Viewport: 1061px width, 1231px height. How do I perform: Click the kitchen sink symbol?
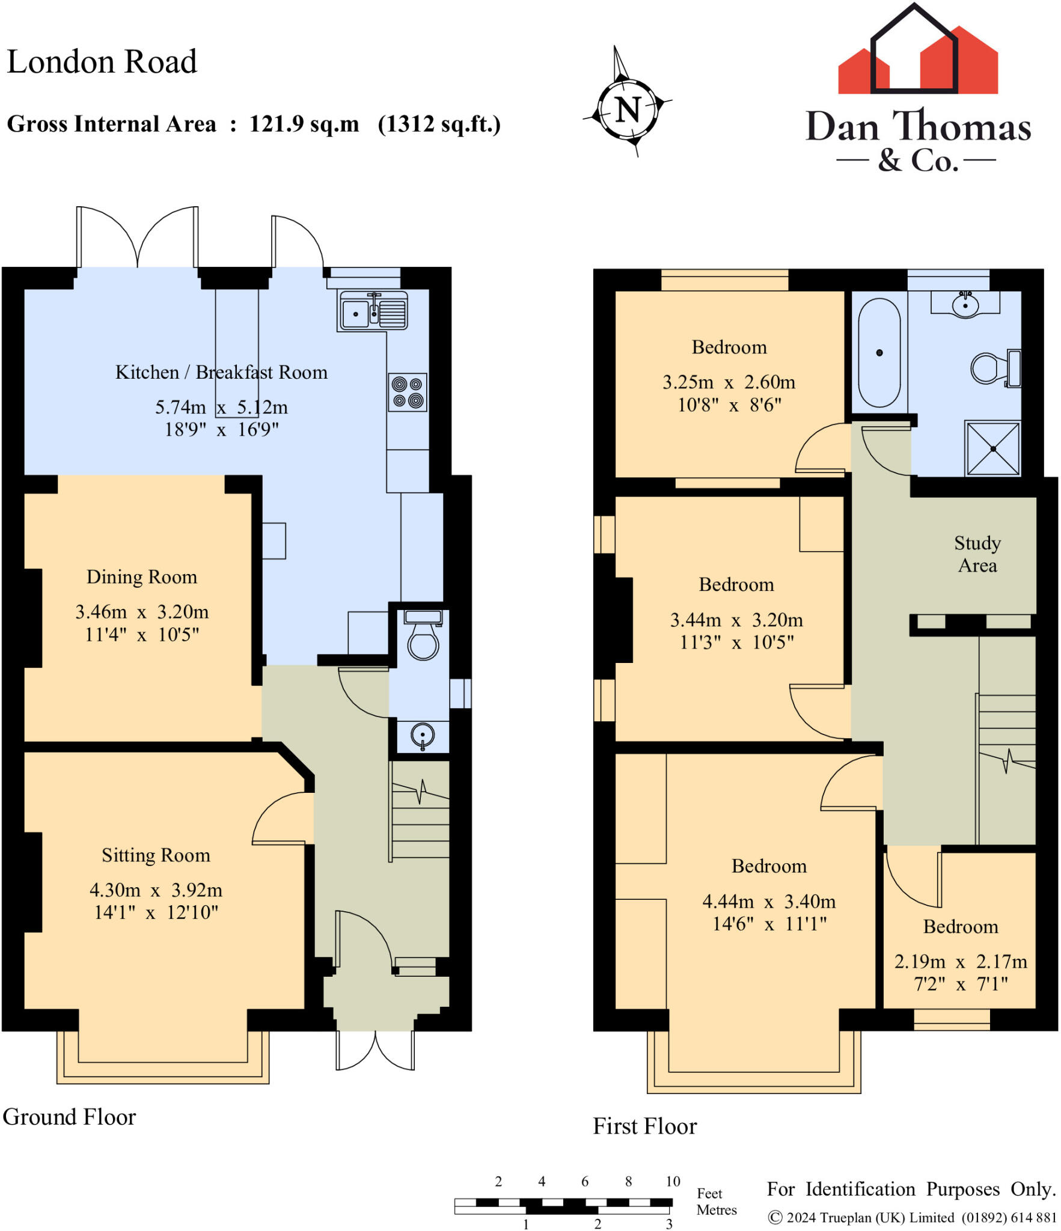pyautogui.click(x=373, y=311)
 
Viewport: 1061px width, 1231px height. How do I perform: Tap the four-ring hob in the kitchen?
pyautogui.click(x=408, y=392)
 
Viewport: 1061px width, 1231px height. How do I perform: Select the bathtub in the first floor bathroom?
pyautogui.click(x=879, y=353)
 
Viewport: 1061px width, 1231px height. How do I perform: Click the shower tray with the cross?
pyautogui.click(x=993, y=448)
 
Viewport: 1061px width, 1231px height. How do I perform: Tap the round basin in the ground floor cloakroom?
pyautogui.click(x=423, y=736)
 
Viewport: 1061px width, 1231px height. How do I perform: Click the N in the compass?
pyautogui.click(x=628, y=110)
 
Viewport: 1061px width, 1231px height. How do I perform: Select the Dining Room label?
pyautogui.click(x=142, y=577)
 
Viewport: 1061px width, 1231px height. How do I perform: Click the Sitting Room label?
pyautogui.click(x=156, y=855)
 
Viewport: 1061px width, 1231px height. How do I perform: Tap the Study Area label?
pyautogui.click(x=977, y=554)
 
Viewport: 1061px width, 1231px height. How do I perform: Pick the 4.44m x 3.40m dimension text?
pyautogui.click(x=769, y=902)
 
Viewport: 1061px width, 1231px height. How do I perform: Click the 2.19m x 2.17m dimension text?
pyautogui.click(x=961, y=962)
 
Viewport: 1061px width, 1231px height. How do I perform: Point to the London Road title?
pyautogui.click(x=102, y=61)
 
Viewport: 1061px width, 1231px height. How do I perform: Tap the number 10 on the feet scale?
pyautogui.click(x=673, y=1181)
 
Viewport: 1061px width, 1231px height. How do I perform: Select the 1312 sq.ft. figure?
pyautogui.click(x=439, y=124)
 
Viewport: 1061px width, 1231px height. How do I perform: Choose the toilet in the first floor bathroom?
pyautogui.click(x=996, y=368)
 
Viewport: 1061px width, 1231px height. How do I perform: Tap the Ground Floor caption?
pyautogui.click(x=70, y=1117)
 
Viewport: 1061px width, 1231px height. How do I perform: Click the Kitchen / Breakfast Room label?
pyautogui.click(x=221, y=372)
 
